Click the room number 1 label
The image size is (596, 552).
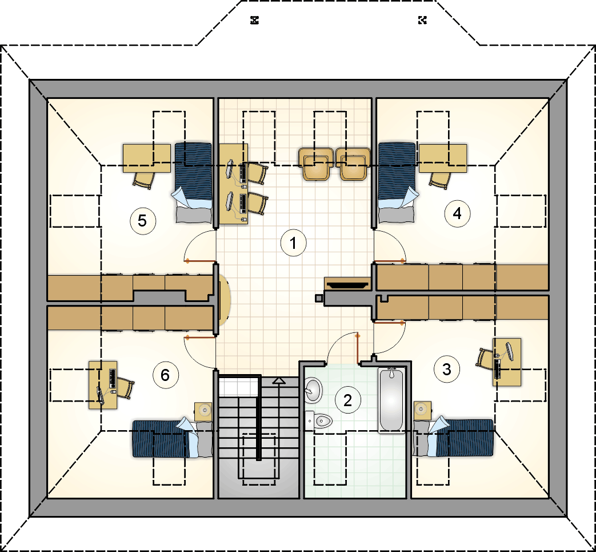pos(294,243)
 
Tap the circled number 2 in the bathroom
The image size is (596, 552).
pos(347,400)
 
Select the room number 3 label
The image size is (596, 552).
pos(447,369)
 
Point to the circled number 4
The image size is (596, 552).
pos(457,214)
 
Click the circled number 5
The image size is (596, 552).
pos(142,221)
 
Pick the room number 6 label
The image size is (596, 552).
pos(165,375)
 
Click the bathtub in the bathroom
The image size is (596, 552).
pos(391,400)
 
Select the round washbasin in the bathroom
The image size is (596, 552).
pos(314,390)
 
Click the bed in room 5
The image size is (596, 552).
pos(194,182)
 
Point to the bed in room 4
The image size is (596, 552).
pos(398,182)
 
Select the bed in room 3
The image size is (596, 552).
pos(454,438)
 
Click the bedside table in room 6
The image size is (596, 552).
pos(203,411)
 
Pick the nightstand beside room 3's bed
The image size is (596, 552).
pos(422,411)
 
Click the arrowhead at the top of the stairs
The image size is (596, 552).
pos(279,380)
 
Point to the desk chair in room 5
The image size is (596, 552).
pos(144,180)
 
